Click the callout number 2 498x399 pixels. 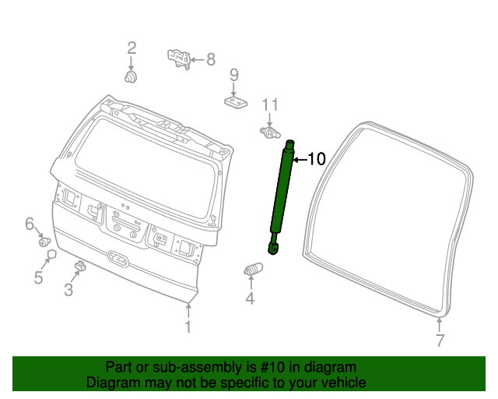[x=132, y=48]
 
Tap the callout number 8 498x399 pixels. [x=210, y=58]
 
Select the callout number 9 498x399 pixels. [x=233, y=76]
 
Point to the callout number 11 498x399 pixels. [x=269, y=105]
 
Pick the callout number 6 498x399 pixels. [x=30, y=224]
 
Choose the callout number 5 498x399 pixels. [x=38, y=277]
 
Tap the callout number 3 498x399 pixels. [x=68, y=291]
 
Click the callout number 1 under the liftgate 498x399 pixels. [x=187, y=327]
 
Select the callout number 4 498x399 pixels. [x=250, y=298]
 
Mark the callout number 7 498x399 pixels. [x=440, y=340]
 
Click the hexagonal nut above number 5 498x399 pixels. [x=51, y=254]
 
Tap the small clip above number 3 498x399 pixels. [x=79, y=267]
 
